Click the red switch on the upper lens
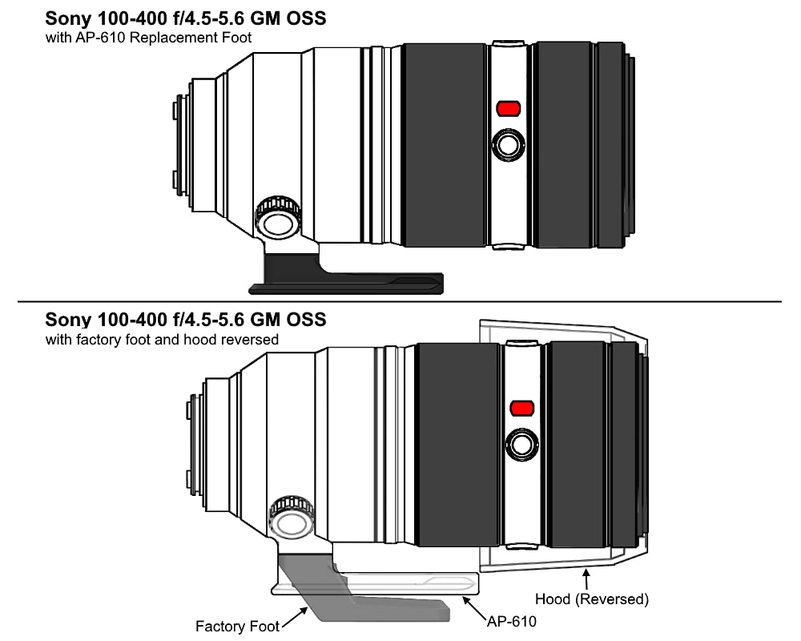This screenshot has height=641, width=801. [x=509, y=108]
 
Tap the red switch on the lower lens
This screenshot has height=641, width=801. [x=522, y=408]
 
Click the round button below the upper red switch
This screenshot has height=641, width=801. [x=509, y=145]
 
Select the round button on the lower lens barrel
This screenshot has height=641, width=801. [x=521, y=445]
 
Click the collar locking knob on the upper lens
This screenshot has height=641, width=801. [x=277, y=216]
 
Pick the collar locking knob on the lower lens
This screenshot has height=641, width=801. [x=292, y=518]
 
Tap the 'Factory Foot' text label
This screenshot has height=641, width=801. [x=237, y=626]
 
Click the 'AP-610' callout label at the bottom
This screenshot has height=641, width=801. [x=511, y=622]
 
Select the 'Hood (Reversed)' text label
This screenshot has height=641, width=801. [x=592, y=599]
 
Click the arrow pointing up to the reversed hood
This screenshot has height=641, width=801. [x=586, y=579]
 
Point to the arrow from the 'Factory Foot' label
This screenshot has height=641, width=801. [x=295, y=616]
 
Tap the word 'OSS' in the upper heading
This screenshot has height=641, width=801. [x=306, y=18]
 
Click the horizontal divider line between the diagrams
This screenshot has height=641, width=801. [x=400, y=301]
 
